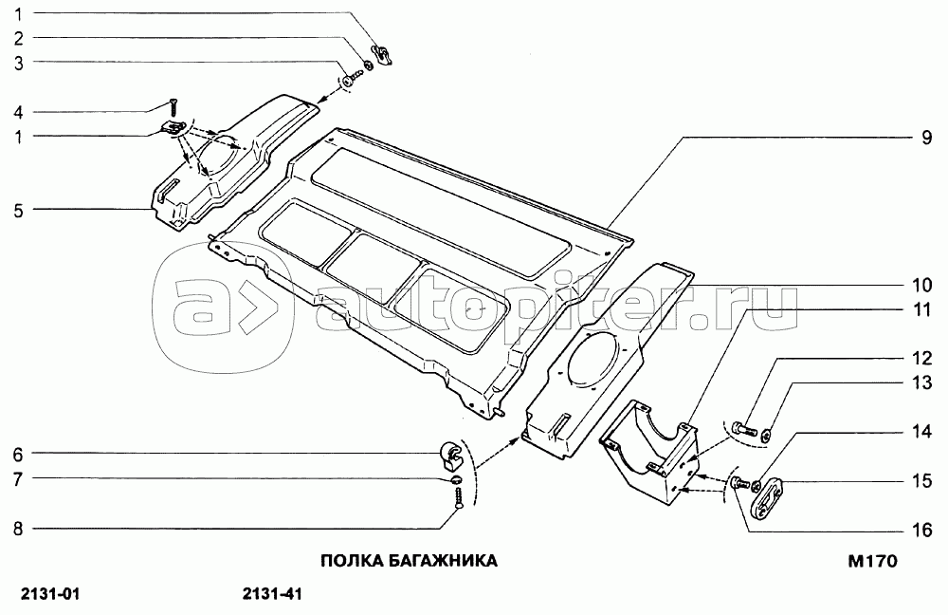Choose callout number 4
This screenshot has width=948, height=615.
pos(18,111)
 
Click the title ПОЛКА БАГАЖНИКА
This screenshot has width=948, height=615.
pos(409,560)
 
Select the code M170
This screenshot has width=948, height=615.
pos(872,561)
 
